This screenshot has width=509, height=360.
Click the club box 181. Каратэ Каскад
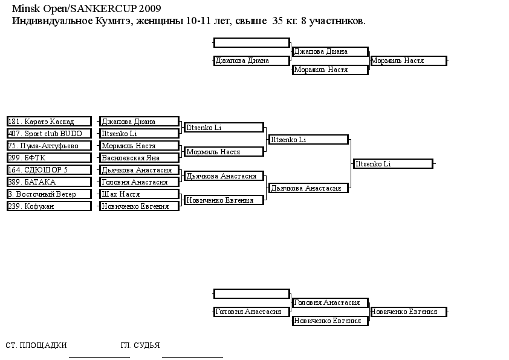pyautogui.click(x=49, y=122)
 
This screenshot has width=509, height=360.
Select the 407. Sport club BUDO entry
pyautogui.click(x=49, y=134)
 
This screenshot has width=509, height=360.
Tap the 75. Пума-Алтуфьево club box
pyautogui.click(x=49, y=146)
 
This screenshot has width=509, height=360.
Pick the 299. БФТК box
pyautogui.click(x=49, y=157)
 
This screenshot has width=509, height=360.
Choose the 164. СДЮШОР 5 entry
pyautogui.click(x=49, y=169)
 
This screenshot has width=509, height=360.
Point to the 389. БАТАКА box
pyautogui.click(x=49, y=182)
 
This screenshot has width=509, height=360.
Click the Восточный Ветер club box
pyautogui.click(x=49, y=194)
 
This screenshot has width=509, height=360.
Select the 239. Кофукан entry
pyautogui.click(x=49, y=206)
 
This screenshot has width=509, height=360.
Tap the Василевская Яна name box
pyautogui.click(x=139, y=157)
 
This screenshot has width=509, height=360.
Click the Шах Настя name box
pyautogui.click(x=139, y=194)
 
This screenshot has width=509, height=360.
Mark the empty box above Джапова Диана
pyautogui.click(x=251, y=42)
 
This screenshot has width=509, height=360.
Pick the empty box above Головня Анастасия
pyautogui.click(x=251, y=293)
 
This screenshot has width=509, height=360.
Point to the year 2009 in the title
pyautogui.click(x=150, y=8)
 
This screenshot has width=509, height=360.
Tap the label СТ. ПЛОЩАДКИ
pyautogui.click(x=36, y=345)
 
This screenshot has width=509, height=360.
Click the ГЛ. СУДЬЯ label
pyautogui.click(x=140, y=345)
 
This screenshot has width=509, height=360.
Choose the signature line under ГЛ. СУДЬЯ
pyautogui.click(x=192, y=357)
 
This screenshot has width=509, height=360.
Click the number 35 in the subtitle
pyautogui.click(x=277, y=21)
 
